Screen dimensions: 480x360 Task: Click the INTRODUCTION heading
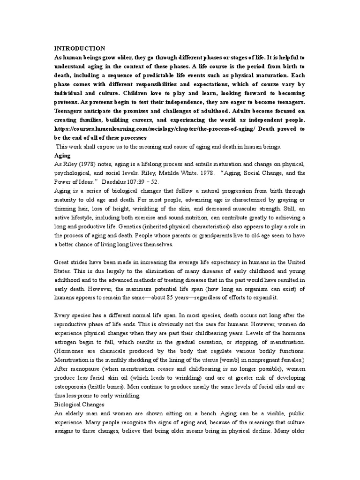(80, 48)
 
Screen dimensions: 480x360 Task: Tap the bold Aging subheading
(62, 155)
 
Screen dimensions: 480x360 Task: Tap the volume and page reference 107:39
(152, 182)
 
